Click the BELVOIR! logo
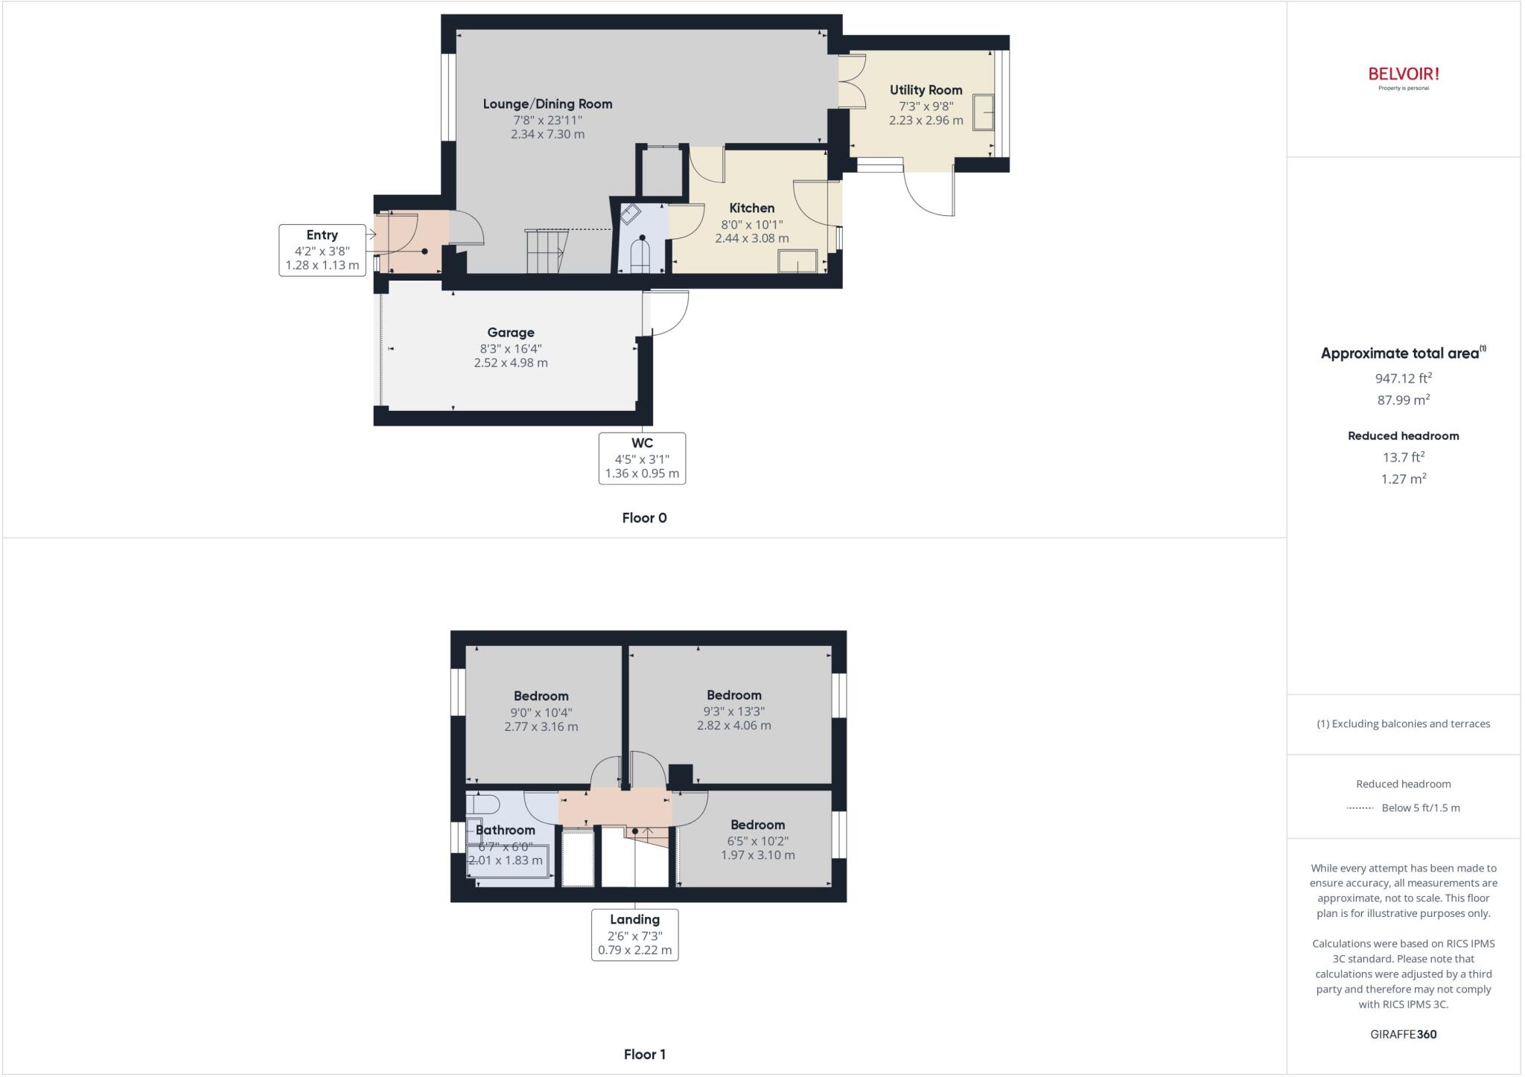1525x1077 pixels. coord(1403,74)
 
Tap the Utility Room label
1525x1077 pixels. coord(926,90)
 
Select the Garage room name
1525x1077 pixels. coord(511,333)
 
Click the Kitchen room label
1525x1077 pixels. coord(751,208)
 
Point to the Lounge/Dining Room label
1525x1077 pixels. coord(547,104)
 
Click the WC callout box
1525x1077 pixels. coord(642,458)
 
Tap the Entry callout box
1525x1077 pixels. coord(322,250)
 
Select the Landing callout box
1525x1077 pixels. coord(634,935)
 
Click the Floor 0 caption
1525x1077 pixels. coord(644,518)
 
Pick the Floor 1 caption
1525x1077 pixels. coord(644,1054)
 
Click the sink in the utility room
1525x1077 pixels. coord(983,112)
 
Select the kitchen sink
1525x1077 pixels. coord(797,261)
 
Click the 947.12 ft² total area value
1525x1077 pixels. coord(1403,378)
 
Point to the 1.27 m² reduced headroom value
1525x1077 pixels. coord(1403,479)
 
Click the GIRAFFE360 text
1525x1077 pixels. coord(1403,1034)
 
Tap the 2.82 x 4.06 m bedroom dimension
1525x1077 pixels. coord(733,726)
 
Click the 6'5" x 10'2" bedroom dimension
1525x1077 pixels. coord(757,841)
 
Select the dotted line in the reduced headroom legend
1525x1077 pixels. coord(1360,808)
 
